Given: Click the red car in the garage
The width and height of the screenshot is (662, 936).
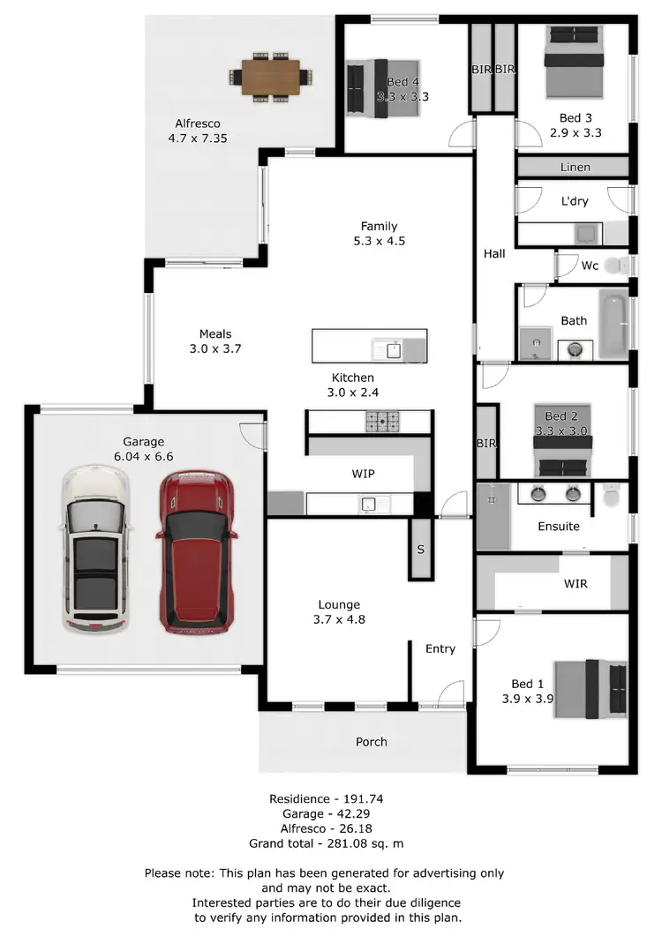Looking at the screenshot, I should tap(196, 551).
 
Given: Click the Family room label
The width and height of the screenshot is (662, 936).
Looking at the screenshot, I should tap(379, 226).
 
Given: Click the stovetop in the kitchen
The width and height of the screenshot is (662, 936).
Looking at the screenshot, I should tap(384, 423).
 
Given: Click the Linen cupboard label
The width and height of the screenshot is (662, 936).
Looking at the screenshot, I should tap(575, 167).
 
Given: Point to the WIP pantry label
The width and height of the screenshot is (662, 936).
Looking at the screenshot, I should tap(363, 474).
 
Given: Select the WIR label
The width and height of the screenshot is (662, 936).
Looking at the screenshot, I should tap(575, 584).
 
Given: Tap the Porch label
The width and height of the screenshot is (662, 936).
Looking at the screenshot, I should tap(371, 742).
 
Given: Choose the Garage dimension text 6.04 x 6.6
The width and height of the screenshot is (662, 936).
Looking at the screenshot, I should tap(144, 457).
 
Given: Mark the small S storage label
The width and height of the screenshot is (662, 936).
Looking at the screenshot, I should tap(421, 549).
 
